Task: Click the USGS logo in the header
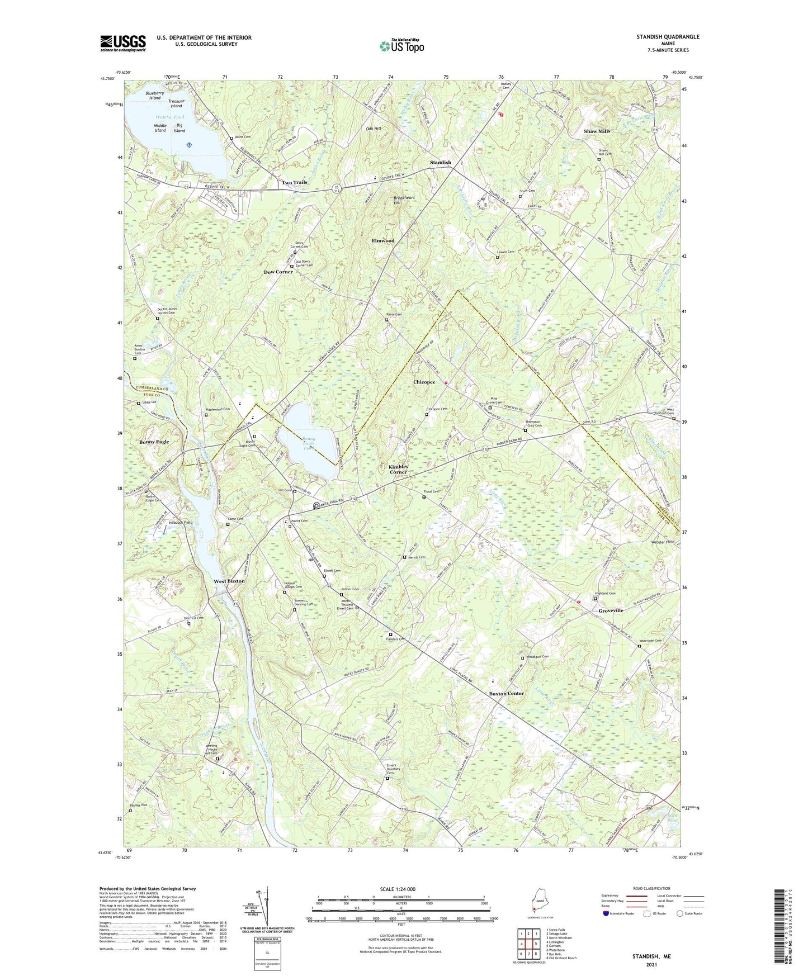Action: click(x=123, y=43)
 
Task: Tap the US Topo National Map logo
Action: click(x=401, y=45)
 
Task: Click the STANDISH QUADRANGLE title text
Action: click(x=667, y=37)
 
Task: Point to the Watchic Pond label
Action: click(x=169, y=117)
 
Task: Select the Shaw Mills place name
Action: click(x=597, y=131)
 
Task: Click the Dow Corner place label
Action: click(x=278, y=272)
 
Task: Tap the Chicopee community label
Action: click(x=424, y=382)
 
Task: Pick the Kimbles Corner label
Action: click(x=398, y=469)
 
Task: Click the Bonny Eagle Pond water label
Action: click(x=309, y=444)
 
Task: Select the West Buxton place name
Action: click(x=229, y=581)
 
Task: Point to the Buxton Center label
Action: click(x=506, y=693)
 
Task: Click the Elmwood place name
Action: click(x=383, y=240)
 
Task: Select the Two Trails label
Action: click(x=294, y=183)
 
